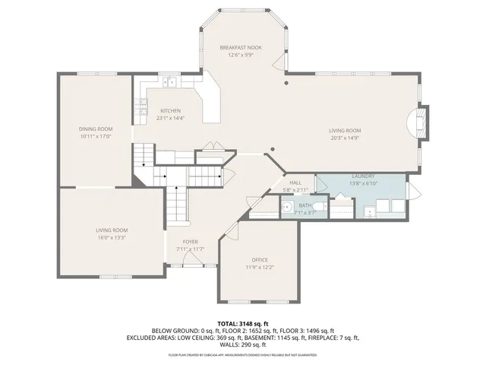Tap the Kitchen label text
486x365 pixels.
click(x=169, y=111)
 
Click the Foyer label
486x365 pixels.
click(x=190, y=242)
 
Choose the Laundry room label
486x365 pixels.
click(x=362, y=176)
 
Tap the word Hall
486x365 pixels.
click(x=296, y=183)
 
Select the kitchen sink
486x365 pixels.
click(x=169, y=82)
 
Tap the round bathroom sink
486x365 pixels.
click(x=288, y=208)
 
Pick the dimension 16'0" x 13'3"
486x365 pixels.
click(x=111, y=237)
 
